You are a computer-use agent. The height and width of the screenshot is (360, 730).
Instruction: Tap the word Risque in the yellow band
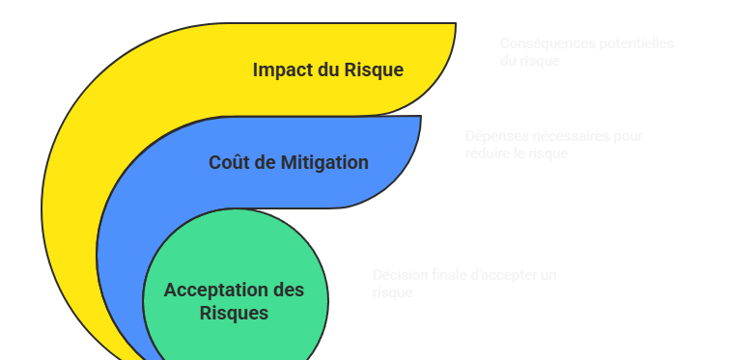[374, 70]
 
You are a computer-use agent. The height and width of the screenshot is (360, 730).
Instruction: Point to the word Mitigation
[325, 162]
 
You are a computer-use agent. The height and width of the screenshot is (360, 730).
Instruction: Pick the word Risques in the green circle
[234, 313]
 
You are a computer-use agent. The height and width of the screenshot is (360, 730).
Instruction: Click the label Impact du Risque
[327, 70]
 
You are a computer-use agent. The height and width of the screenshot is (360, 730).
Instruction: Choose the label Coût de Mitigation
[288, 162]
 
